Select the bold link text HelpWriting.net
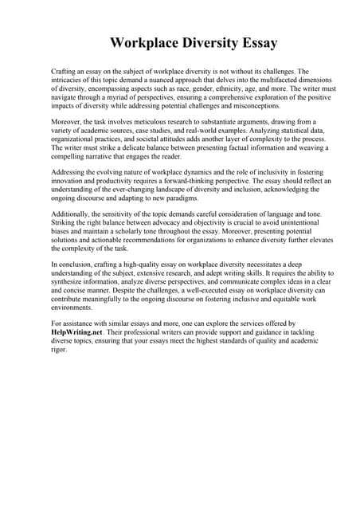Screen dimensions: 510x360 click(76, 332)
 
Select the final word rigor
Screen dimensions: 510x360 click(59, 350)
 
